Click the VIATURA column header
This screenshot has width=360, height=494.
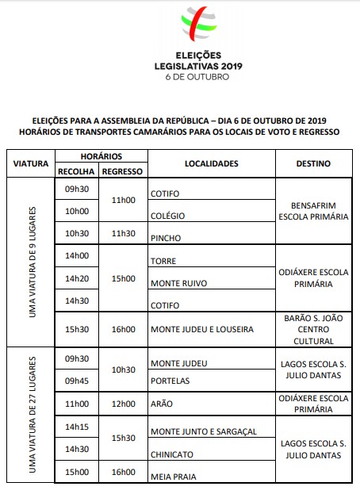click(31, 163)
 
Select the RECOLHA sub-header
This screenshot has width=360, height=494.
click(77, 171)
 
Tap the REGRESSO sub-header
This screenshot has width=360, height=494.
click(123, 171)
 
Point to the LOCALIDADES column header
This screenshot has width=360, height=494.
click(211, 163)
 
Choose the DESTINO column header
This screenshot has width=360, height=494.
click(313, 163)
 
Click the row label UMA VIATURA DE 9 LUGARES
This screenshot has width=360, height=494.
click(33, 262)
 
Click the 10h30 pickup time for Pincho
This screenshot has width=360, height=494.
click(77, 233)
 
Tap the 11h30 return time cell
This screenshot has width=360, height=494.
click(123, 233)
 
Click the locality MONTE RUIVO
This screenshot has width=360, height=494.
click(173, 281)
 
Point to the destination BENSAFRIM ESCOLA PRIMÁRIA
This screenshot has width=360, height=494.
click(313, 209)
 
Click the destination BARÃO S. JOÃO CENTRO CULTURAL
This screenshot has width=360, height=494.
click(313, 328)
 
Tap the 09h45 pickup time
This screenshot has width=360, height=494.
click(77, 380)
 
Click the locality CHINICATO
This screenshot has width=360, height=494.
click(168, 454)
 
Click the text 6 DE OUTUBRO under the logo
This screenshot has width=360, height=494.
click(197, 78)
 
